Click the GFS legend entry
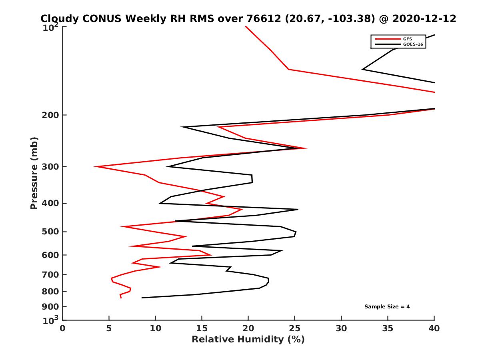tap(408, 39)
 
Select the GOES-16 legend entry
tap(412, 44)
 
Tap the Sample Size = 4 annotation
tap(387, 307)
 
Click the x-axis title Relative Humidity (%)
tap(248, 340)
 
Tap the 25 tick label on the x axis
tap(294, 328)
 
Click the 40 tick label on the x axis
tap(434, 328)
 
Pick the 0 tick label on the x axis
tap(63, 328)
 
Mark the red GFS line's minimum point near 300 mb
tap(95, 166)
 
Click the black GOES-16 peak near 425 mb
tap(298, 209)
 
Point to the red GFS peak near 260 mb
tap(306, 148)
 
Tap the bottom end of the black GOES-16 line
tap(142, 298)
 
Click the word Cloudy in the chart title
tap(58, 18)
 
